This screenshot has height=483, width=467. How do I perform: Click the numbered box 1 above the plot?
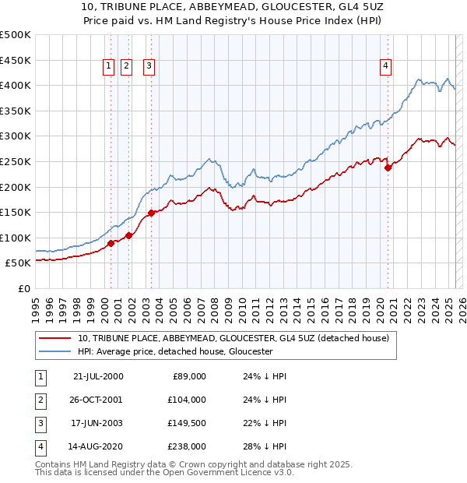click(x=107, y=66)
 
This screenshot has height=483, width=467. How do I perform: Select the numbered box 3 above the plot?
click(x=148, y=66)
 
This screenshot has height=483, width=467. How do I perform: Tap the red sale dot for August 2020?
click(x=388, y=167)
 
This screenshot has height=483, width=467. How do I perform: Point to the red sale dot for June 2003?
click(x=151, y=212)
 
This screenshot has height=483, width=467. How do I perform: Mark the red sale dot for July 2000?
click(x=111, y=243)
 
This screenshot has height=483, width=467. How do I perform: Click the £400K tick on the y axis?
click(x=16, y=85)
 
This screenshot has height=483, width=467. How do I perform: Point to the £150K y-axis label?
click(x=16, y=212)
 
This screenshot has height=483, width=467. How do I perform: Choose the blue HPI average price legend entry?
click(x=174, y=351)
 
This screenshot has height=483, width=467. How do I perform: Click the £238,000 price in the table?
click(x=188, y=446)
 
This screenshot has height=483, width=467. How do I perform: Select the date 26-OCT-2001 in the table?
click(x=97, y=400)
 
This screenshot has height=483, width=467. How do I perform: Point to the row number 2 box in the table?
click(x=40, y=400)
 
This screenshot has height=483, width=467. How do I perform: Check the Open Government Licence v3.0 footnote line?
click(x=164, y=472)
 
